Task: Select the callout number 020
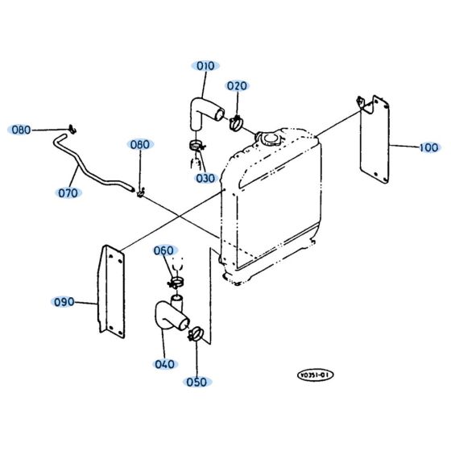coord(236,85)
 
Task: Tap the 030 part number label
coord(205,177)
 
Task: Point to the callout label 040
coord(164,364)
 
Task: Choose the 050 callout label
coord(196,382)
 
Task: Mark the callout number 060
coord(164,250)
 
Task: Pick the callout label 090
coord(64,302)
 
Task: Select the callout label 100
coord(428,147)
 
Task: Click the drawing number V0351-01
coord(313,374)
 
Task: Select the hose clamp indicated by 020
coord(237,122)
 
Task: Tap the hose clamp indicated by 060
coord(175,282)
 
